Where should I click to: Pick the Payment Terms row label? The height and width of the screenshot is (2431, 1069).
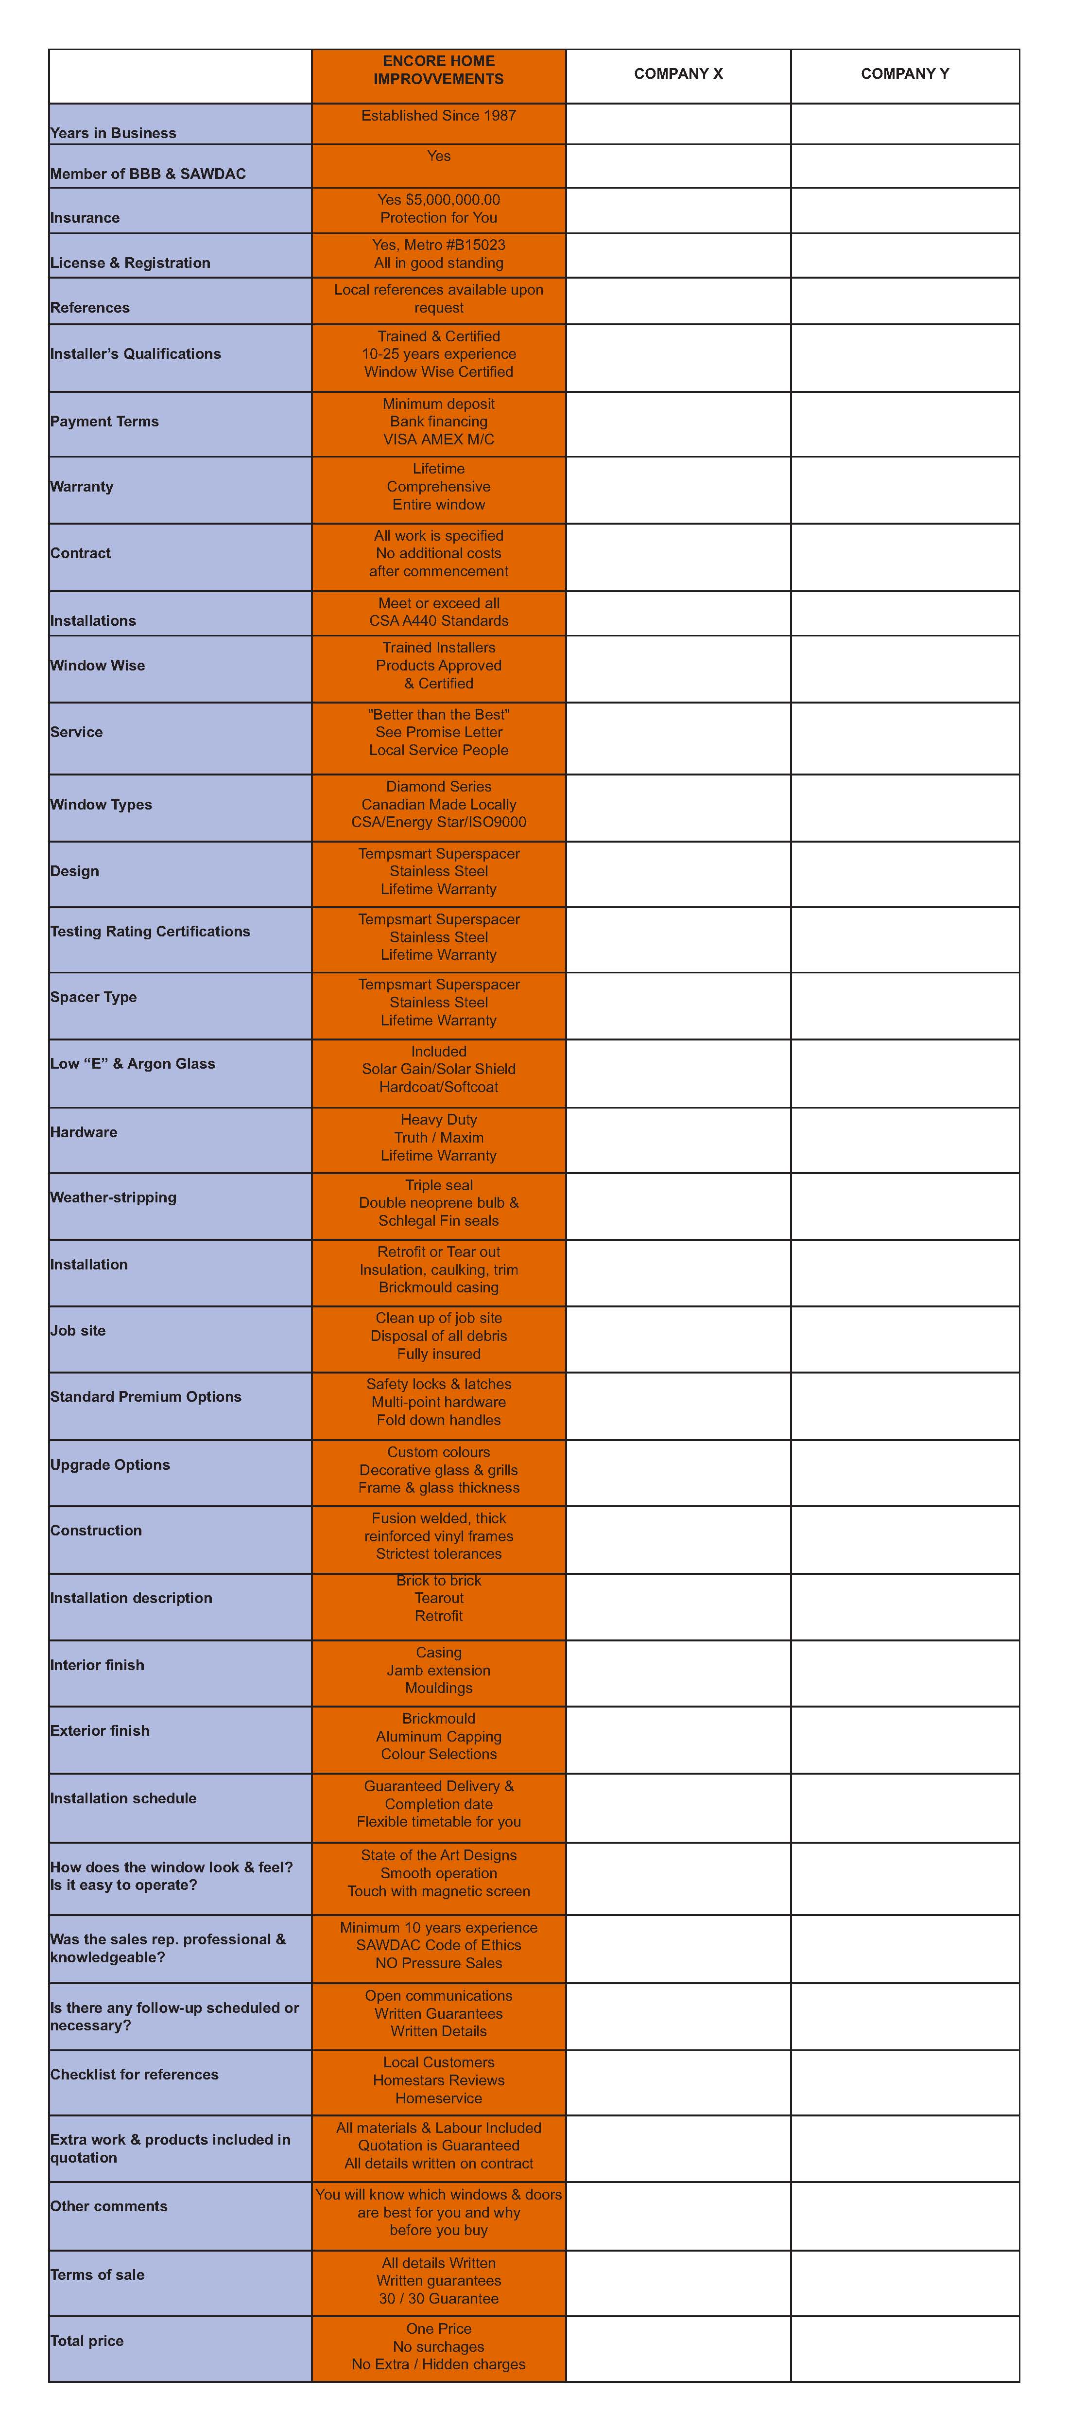tap(105, 421)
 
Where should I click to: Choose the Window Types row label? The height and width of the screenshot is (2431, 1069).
tap(101, 804)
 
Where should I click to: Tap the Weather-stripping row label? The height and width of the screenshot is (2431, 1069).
tap(113, 1197)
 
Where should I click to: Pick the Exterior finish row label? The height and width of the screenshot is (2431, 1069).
tap(100, 1730)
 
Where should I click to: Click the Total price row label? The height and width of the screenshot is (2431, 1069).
tap(87, 2341)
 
